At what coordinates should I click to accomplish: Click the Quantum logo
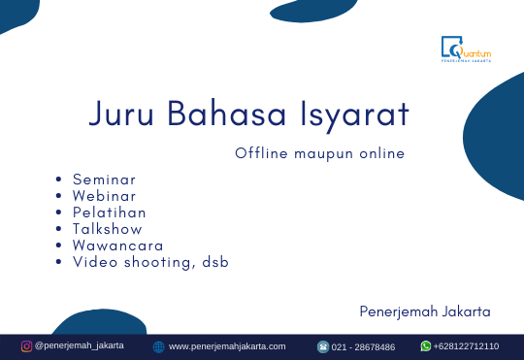(x=466, y=49)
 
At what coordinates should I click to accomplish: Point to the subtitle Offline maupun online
(x=319, y=153)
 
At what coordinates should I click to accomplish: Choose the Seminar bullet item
(x=104, y=180)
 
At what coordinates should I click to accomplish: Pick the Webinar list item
(x=104, y=196)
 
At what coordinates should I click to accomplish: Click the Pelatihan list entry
(x=109, y=213)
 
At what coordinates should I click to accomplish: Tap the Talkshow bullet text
(x=107, y=229)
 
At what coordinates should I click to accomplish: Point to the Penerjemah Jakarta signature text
(x=424, y=311)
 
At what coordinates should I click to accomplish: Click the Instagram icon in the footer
(x=27, y=345)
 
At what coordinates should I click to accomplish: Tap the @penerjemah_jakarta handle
(x=80, y=345)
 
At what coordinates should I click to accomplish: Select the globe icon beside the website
(x=159, y=346)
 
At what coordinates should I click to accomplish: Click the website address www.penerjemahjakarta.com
(x=227, y=346)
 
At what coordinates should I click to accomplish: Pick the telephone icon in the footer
(x=323, y=346)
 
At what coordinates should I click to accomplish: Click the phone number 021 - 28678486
(x=364, y=346)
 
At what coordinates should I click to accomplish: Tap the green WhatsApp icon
(x=426, y=345)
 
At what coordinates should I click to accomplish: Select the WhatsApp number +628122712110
(x=467, y=346)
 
